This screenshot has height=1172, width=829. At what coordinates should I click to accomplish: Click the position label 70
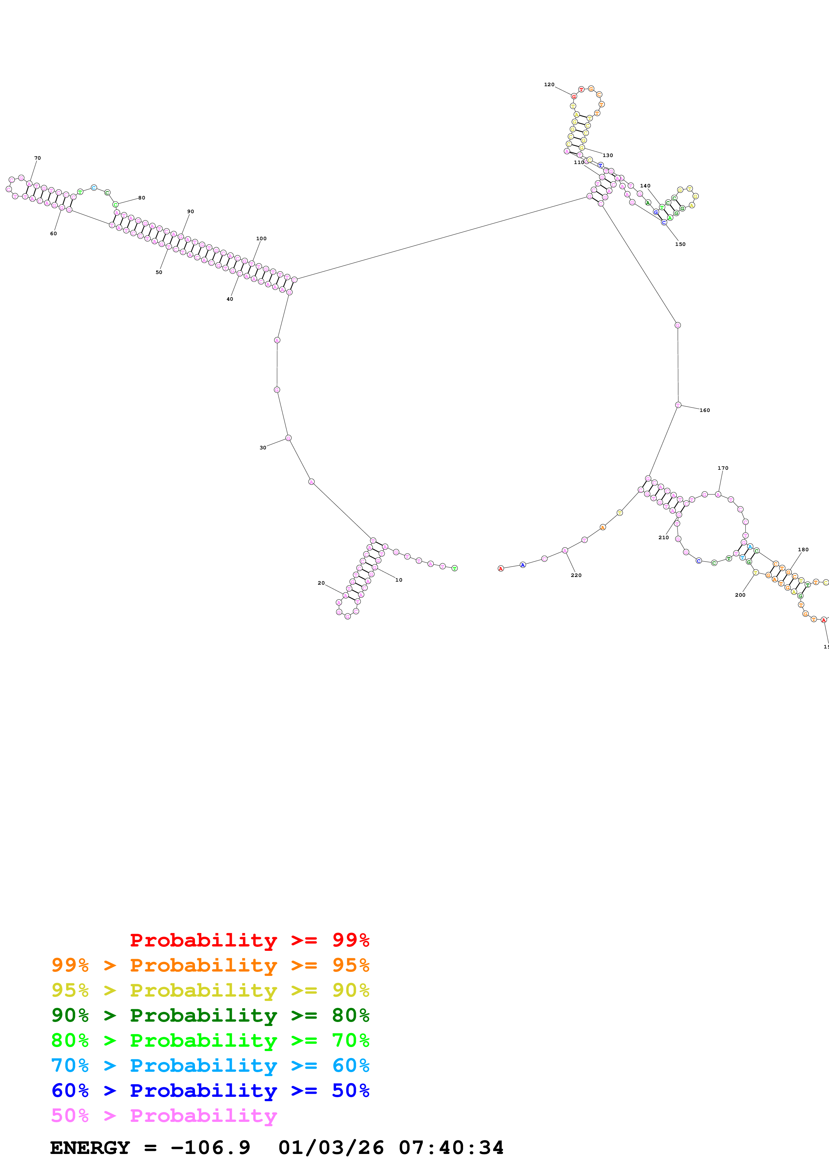coord(37,158)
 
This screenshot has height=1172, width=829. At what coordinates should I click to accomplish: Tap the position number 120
coord(549,85)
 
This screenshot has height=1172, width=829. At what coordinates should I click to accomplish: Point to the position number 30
coord(263,448)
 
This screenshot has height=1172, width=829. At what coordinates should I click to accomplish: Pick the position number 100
coord(261,239)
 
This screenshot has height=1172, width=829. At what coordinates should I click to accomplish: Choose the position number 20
coord(321,583)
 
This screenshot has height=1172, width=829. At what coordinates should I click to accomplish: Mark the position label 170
coord(723,468)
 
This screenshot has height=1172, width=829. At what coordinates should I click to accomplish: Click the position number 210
coord(663,538)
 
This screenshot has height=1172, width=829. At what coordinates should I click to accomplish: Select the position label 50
coord(159,273)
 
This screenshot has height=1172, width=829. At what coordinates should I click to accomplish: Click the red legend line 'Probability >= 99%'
coord(249,940)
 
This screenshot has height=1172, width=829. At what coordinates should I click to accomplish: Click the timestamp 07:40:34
coord(451,1148)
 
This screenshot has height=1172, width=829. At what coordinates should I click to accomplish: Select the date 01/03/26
coord(331,1148)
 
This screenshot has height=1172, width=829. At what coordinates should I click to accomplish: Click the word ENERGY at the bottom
coord(90,1148)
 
